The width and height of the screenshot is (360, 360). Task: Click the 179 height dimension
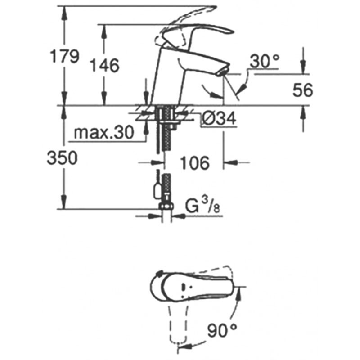click(x=65, y=57)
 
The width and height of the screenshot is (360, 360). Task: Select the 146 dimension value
click(x=105, y=65)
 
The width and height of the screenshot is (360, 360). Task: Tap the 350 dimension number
click(x=62, y=158)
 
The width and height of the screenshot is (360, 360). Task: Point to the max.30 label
click(x=104, y=133)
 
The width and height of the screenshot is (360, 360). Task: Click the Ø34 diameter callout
click(x=219, y=119)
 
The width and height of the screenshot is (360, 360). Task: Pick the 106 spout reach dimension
click(x=195, y=163)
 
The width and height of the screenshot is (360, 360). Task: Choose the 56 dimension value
click(x=302, y=90)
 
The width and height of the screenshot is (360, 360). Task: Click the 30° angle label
click(x=265, y=61)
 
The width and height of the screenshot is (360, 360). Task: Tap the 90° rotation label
click(x=222, y=330)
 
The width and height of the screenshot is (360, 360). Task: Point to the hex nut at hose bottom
click(x=166, y=207)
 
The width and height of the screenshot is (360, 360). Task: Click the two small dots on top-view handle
click(x=186, y=287)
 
